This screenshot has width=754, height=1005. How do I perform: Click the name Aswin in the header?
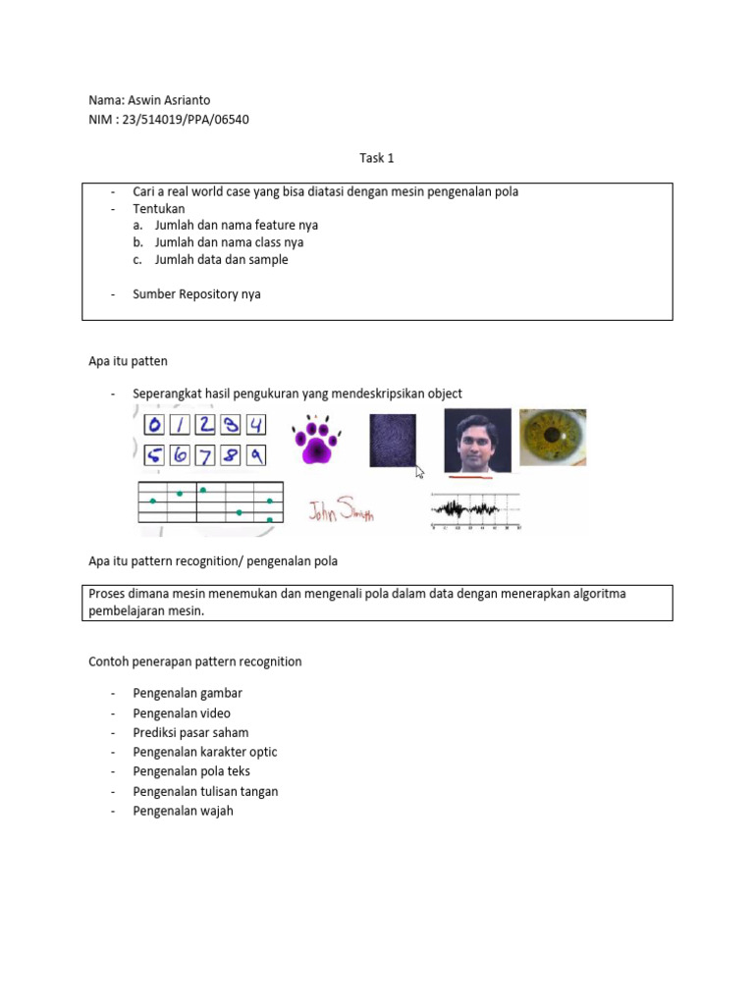[x=145, y=100]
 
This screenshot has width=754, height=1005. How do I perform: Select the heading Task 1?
[x=376, y=157]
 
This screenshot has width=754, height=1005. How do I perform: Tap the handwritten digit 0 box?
[x=154, y=425]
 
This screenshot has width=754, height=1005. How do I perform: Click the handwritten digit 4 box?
[x=254, y=425]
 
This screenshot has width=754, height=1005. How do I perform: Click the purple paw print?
[x=315, y=439]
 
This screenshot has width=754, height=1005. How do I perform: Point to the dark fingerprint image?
[x=393, y=440]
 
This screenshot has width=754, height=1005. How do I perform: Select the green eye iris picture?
[x=552, y=437]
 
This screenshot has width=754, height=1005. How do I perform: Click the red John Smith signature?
[x=341, y=511]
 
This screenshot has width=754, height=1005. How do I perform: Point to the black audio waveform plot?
[x=475, y=509]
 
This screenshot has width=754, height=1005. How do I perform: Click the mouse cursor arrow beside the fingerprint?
[x=420, y=472]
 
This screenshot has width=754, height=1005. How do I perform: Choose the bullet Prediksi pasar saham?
[x=190, y=732]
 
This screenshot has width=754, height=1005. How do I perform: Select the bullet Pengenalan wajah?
[x=183, y=811]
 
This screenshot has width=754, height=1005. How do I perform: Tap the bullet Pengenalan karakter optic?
[x=205, y=752]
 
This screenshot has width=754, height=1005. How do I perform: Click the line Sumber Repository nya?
[x=196, y=293]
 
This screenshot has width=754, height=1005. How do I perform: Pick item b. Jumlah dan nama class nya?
[x=229, y=242]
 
